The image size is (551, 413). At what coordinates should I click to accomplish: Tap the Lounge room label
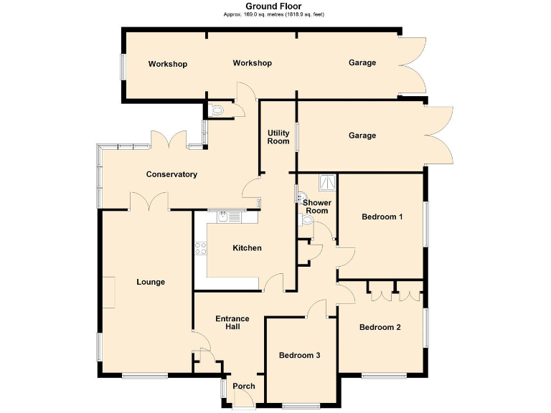point(151,282)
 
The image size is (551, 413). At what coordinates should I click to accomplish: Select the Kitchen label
point(247,248)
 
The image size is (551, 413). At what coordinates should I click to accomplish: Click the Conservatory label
point(171,174)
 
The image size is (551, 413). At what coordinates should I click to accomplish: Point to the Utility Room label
point(278,137)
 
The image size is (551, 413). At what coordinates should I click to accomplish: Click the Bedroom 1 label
point(382,217)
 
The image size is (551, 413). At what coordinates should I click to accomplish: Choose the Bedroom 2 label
point(380,327)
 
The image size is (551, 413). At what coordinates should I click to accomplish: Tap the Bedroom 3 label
point(300,356)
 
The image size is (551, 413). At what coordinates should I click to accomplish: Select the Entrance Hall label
point(232,323)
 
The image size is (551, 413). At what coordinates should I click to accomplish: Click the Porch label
point(244,386)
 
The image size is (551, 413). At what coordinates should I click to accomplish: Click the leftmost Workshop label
point(167,64)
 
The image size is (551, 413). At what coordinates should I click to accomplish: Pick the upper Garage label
point(362,63)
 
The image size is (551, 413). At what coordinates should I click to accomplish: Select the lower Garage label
point(362,136)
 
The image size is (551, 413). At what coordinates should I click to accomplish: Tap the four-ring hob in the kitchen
point(200,249)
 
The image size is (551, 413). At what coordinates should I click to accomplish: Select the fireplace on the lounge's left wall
point(105,293)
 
